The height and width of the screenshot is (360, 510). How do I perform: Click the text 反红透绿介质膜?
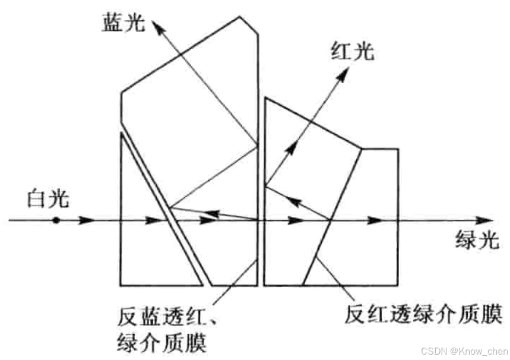tap(423, 312)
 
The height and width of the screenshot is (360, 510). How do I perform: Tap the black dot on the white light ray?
tap(55, 220)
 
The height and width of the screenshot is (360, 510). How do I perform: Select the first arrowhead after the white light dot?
tap(86, 220)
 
